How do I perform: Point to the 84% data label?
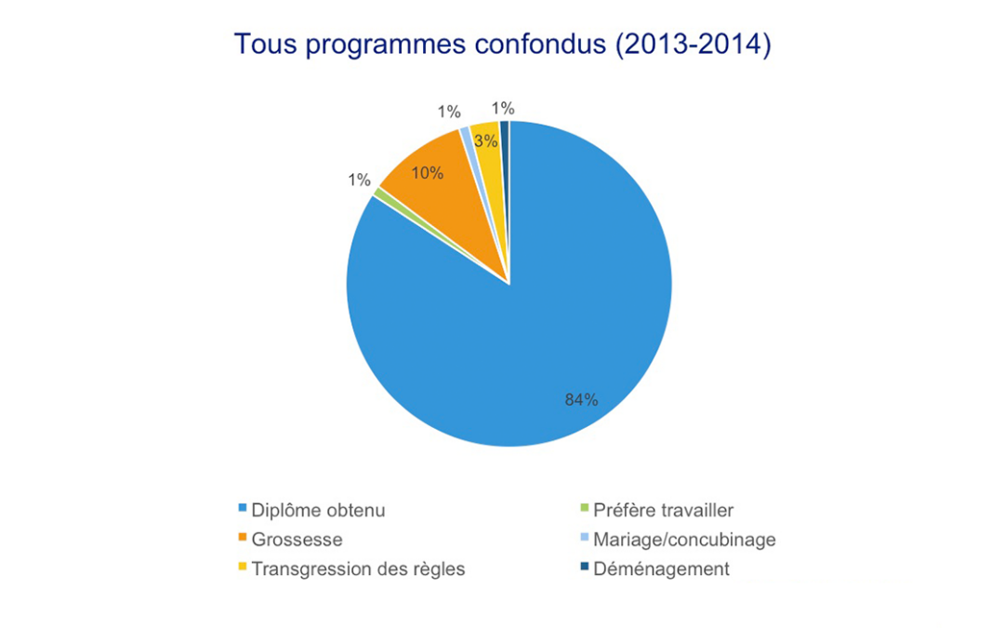[581, 399]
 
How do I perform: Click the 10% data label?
[427, 173]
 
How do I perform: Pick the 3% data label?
[485, 141]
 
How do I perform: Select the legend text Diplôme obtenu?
[318, 510]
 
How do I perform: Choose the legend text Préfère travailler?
[664, 510]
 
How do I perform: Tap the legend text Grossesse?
[297, 540]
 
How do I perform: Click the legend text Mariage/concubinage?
[684, 540]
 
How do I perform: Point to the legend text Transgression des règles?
[358, 569]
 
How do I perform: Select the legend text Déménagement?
[661, 569]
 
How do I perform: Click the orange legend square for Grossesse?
[243, 539]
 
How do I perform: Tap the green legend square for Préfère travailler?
[584, 509]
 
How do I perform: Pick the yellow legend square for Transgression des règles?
[243, 568]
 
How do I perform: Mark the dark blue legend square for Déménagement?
[584, 568]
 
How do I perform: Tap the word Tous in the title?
[262, 45]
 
